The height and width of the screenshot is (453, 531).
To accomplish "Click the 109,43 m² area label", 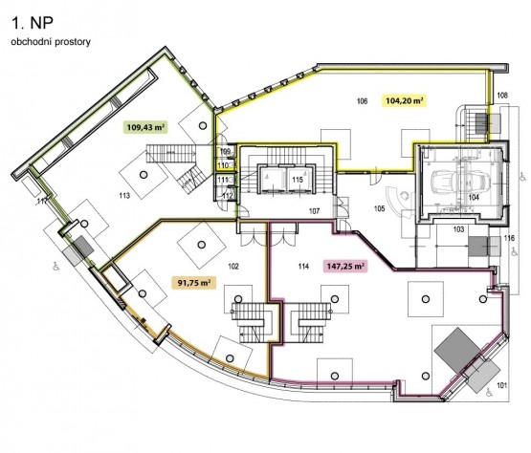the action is (145, 127).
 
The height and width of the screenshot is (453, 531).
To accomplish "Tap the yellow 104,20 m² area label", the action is (405, 100).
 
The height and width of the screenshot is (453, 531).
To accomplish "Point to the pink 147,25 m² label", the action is (345, 266).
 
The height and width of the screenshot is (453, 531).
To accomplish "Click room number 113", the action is (124, 196).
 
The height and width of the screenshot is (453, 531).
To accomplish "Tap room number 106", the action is (362, 100).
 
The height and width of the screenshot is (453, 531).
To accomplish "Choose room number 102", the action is (233, 267).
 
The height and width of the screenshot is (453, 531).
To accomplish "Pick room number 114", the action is (303, 267).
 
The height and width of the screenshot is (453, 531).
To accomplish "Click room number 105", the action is (379, 208).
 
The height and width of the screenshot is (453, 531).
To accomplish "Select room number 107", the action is (314, 211).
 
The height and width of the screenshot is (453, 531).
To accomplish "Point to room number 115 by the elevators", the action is (298, 180).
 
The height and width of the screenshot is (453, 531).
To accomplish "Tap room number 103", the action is (458, 229).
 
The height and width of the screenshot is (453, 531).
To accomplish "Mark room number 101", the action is (501, 385).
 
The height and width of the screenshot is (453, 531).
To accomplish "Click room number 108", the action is (502, 96).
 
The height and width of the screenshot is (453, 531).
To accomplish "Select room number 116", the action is (509, 239).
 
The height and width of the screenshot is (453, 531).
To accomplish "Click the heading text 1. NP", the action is (33, 23).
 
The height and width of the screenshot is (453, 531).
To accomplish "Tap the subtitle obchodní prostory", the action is (51, 42).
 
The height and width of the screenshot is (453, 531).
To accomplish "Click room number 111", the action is (223, 180).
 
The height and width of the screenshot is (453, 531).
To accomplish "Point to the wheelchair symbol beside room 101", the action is (489, 393).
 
